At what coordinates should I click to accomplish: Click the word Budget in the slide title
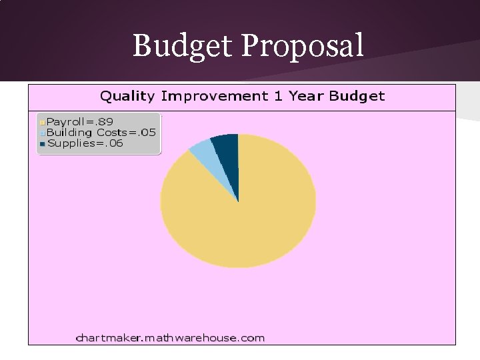(183, 46)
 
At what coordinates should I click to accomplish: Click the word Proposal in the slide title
(303, 46)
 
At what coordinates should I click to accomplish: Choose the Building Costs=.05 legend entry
(101, 133)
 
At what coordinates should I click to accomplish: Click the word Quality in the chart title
(127, 96)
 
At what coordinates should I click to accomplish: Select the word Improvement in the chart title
(214, 96)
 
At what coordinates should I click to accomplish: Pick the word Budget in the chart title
(357, 96)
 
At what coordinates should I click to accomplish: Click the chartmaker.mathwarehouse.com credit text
(170, 337)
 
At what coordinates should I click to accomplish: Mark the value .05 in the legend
(147, 133)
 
